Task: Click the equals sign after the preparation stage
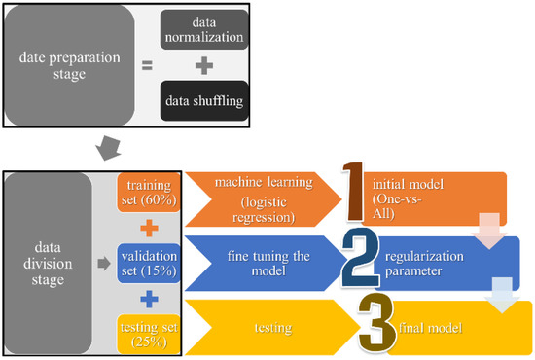(x=147, y=66)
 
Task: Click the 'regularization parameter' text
(x=428, y=262)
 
